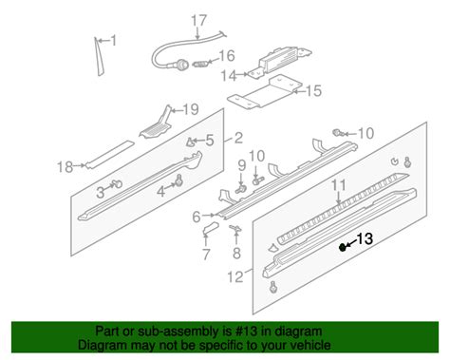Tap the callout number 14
227,74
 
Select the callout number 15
313,91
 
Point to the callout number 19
190,108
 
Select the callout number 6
197,216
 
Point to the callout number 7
206,255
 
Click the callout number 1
114,41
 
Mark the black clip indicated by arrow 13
343,246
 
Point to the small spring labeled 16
200,66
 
